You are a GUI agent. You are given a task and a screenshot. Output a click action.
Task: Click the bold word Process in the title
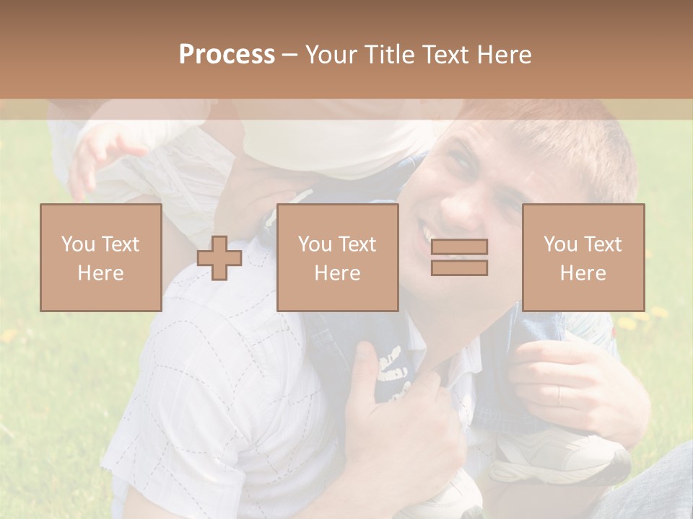pyautogui.click(x=227, y=55)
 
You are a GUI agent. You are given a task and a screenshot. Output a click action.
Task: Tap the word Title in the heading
pyautogui.click(x=389, y=55)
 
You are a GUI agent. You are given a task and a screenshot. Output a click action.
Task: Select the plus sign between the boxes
pyautogui.click(x=219, y=258)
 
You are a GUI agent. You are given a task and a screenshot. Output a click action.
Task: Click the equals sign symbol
pyautogui.click(x=459, y=257)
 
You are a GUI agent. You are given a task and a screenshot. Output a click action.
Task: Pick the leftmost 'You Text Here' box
pyautogui.click(x=101, y=257)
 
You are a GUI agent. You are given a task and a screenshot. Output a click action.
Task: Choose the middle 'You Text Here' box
pyautogui.click(x=337, y=257)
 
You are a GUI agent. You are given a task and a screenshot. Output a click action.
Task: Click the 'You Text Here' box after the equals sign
pyautogui.click(x=583, y=257)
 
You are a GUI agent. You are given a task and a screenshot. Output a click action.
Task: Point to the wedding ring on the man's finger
pyautogui.click(x=559, y=394)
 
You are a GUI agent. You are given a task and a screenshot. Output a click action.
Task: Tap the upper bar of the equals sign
pyautogui.click(x=459, y=247)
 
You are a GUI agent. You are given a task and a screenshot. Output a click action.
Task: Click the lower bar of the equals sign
pyautogui.click(x=459, y=268)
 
